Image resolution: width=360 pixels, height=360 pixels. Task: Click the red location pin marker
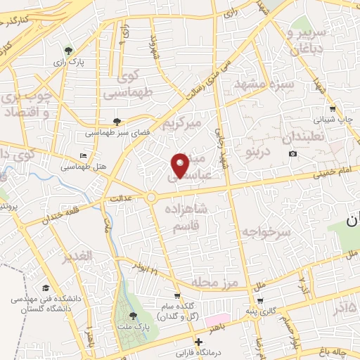coord(180,165)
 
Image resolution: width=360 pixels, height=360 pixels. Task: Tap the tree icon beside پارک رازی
coord(68,51)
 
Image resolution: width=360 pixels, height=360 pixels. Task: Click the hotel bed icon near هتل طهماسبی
coord(84,155)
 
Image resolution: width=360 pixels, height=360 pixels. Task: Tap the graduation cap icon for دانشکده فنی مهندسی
coord(46,288)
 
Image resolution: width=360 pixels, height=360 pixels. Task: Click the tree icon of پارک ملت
coord(134,316)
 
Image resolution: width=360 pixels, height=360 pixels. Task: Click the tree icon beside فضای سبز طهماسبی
coord(117,121)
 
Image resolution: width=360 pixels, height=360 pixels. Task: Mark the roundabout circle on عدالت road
coord(151,198)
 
